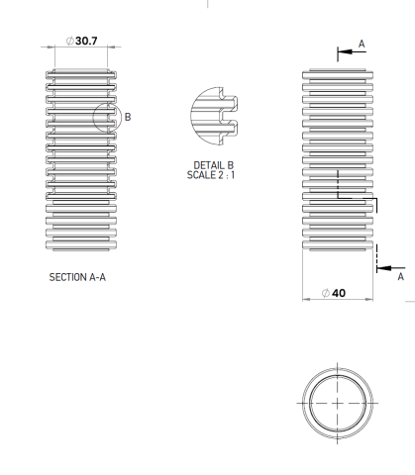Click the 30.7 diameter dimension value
86,41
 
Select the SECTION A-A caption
77,277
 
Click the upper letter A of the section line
362,44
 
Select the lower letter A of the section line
400,278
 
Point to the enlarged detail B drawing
214,113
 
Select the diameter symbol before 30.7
69,41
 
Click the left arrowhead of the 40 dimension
303,294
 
